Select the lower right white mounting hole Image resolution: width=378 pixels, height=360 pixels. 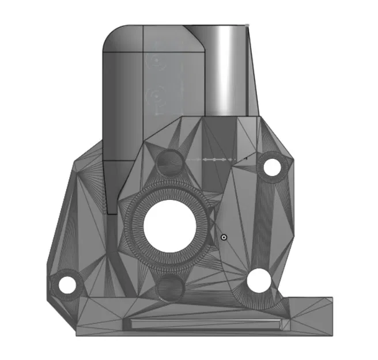pyautogui.click(x=259, y=280)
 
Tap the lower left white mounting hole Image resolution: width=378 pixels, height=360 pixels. pyautogui.click(x=67, y=284)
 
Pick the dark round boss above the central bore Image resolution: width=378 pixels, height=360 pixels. pyautogui.click(x=170, y=162)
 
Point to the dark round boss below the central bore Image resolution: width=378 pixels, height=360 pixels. pyautogui.click(x=171, y=286)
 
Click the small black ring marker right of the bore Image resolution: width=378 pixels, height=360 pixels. pyautogui.click(x=224, y=236)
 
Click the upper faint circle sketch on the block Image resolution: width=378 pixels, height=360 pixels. pyautogui.click(x=155, y=59)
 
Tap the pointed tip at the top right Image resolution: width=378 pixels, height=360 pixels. pyautogui.click(x=247, y=26)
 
